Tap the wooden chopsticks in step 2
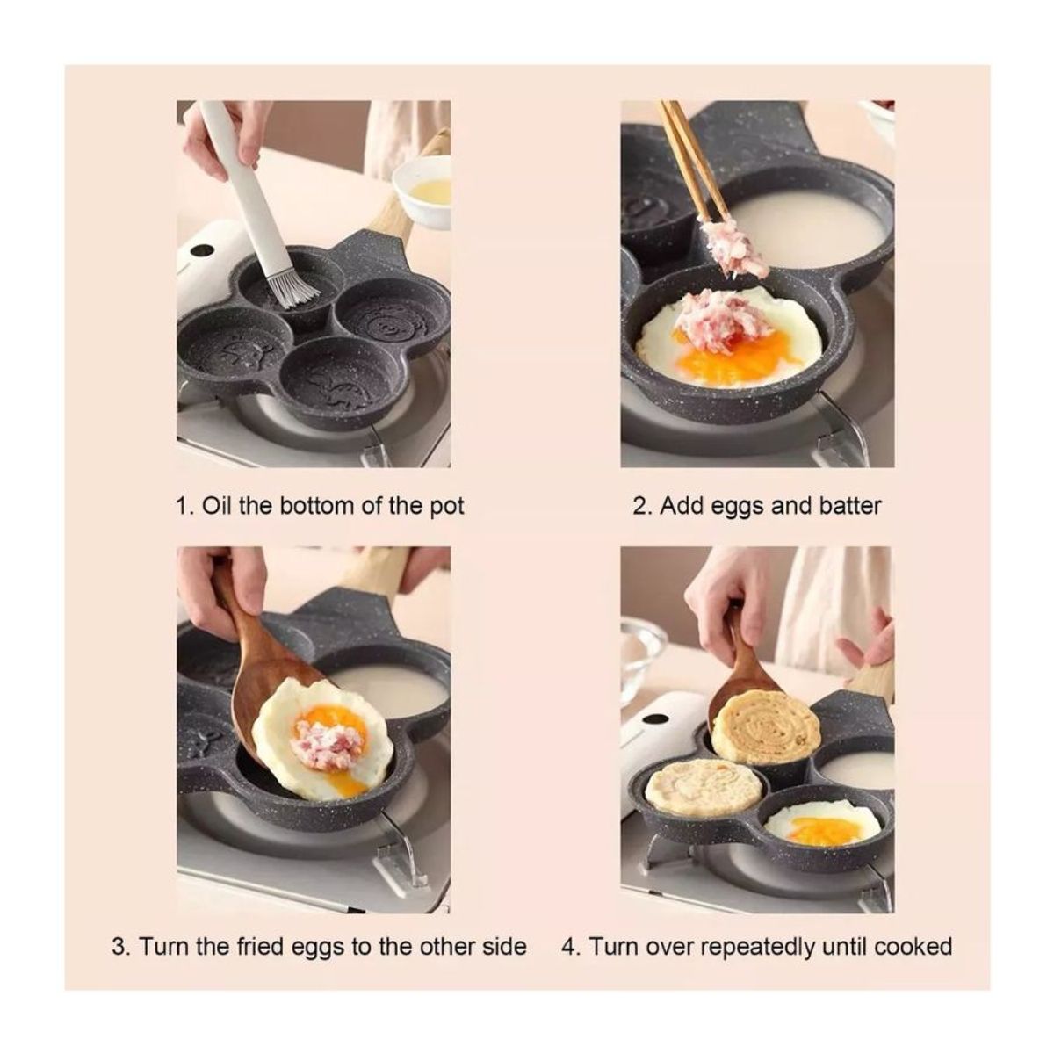(x=692, y=164)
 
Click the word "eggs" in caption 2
(x=739, y=508)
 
